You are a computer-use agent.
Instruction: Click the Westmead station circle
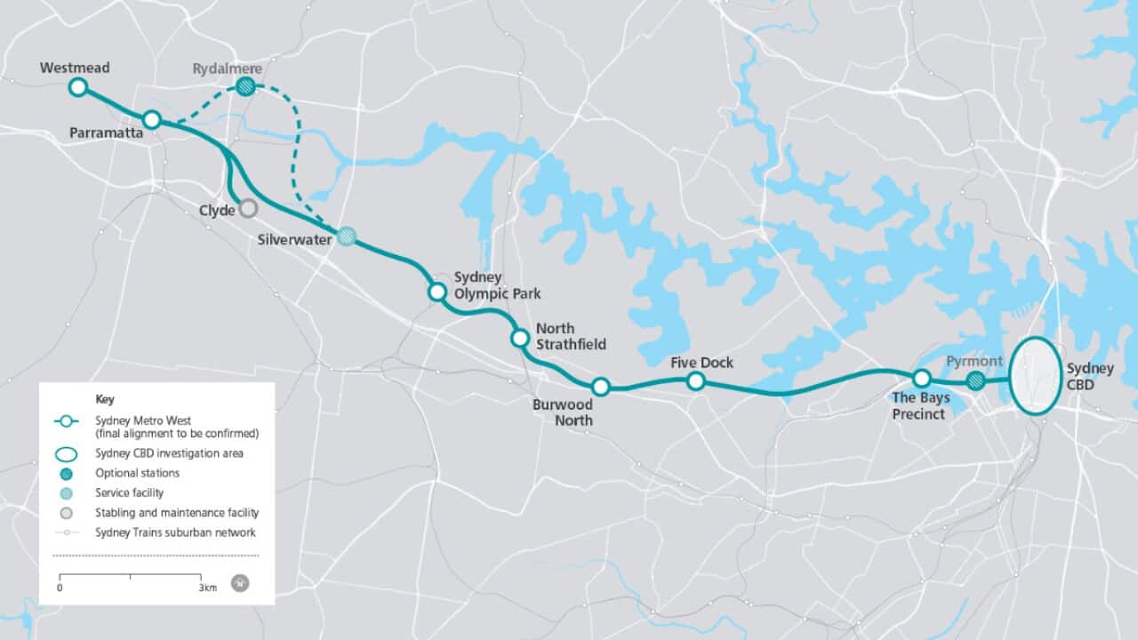click(77, 86)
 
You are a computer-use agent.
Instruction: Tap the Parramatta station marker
click(151, 119)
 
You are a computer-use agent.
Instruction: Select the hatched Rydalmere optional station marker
click(246, 86)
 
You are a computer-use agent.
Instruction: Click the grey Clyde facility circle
click(248, 208)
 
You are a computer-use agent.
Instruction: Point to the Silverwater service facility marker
click(347, 236)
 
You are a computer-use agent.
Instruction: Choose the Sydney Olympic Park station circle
click(437, 292)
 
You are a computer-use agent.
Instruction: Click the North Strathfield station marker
click(520, 338)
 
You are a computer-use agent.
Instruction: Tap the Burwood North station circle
click(600, 386)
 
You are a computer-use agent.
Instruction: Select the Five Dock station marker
click(696, 381)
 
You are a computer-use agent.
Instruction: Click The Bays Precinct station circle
click(921, 379)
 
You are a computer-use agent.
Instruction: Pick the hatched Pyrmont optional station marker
click(975, 381)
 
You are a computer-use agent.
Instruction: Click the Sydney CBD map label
click(1090, 377)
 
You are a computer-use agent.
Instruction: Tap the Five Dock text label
click(702, 363)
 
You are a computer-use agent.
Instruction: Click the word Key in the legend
click(104, 399)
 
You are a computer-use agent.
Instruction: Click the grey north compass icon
click(239, 583)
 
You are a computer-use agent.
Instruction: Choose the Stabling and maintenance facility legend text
click(177, 513)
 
